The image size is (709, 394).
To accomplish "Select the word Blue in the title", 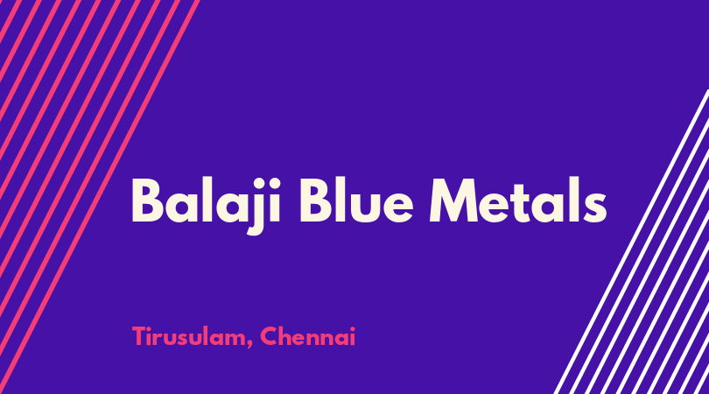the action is [x=356, y=200].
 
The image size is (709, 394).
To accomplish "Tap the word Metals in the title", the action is [x=518, y=200].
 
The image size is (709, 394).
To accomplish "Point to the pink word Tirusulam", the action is [x=189, y=336].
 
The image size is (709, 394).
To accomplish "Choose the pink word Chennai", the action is [x=308, y=336].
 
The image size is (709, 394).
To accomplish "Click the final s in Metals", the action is [x=594, y=207].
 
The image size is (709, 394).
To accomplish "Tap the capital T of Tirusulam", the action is [x=139, y=336].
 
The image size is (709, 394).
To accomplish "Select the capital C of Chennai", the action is [x=269, y=336].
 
